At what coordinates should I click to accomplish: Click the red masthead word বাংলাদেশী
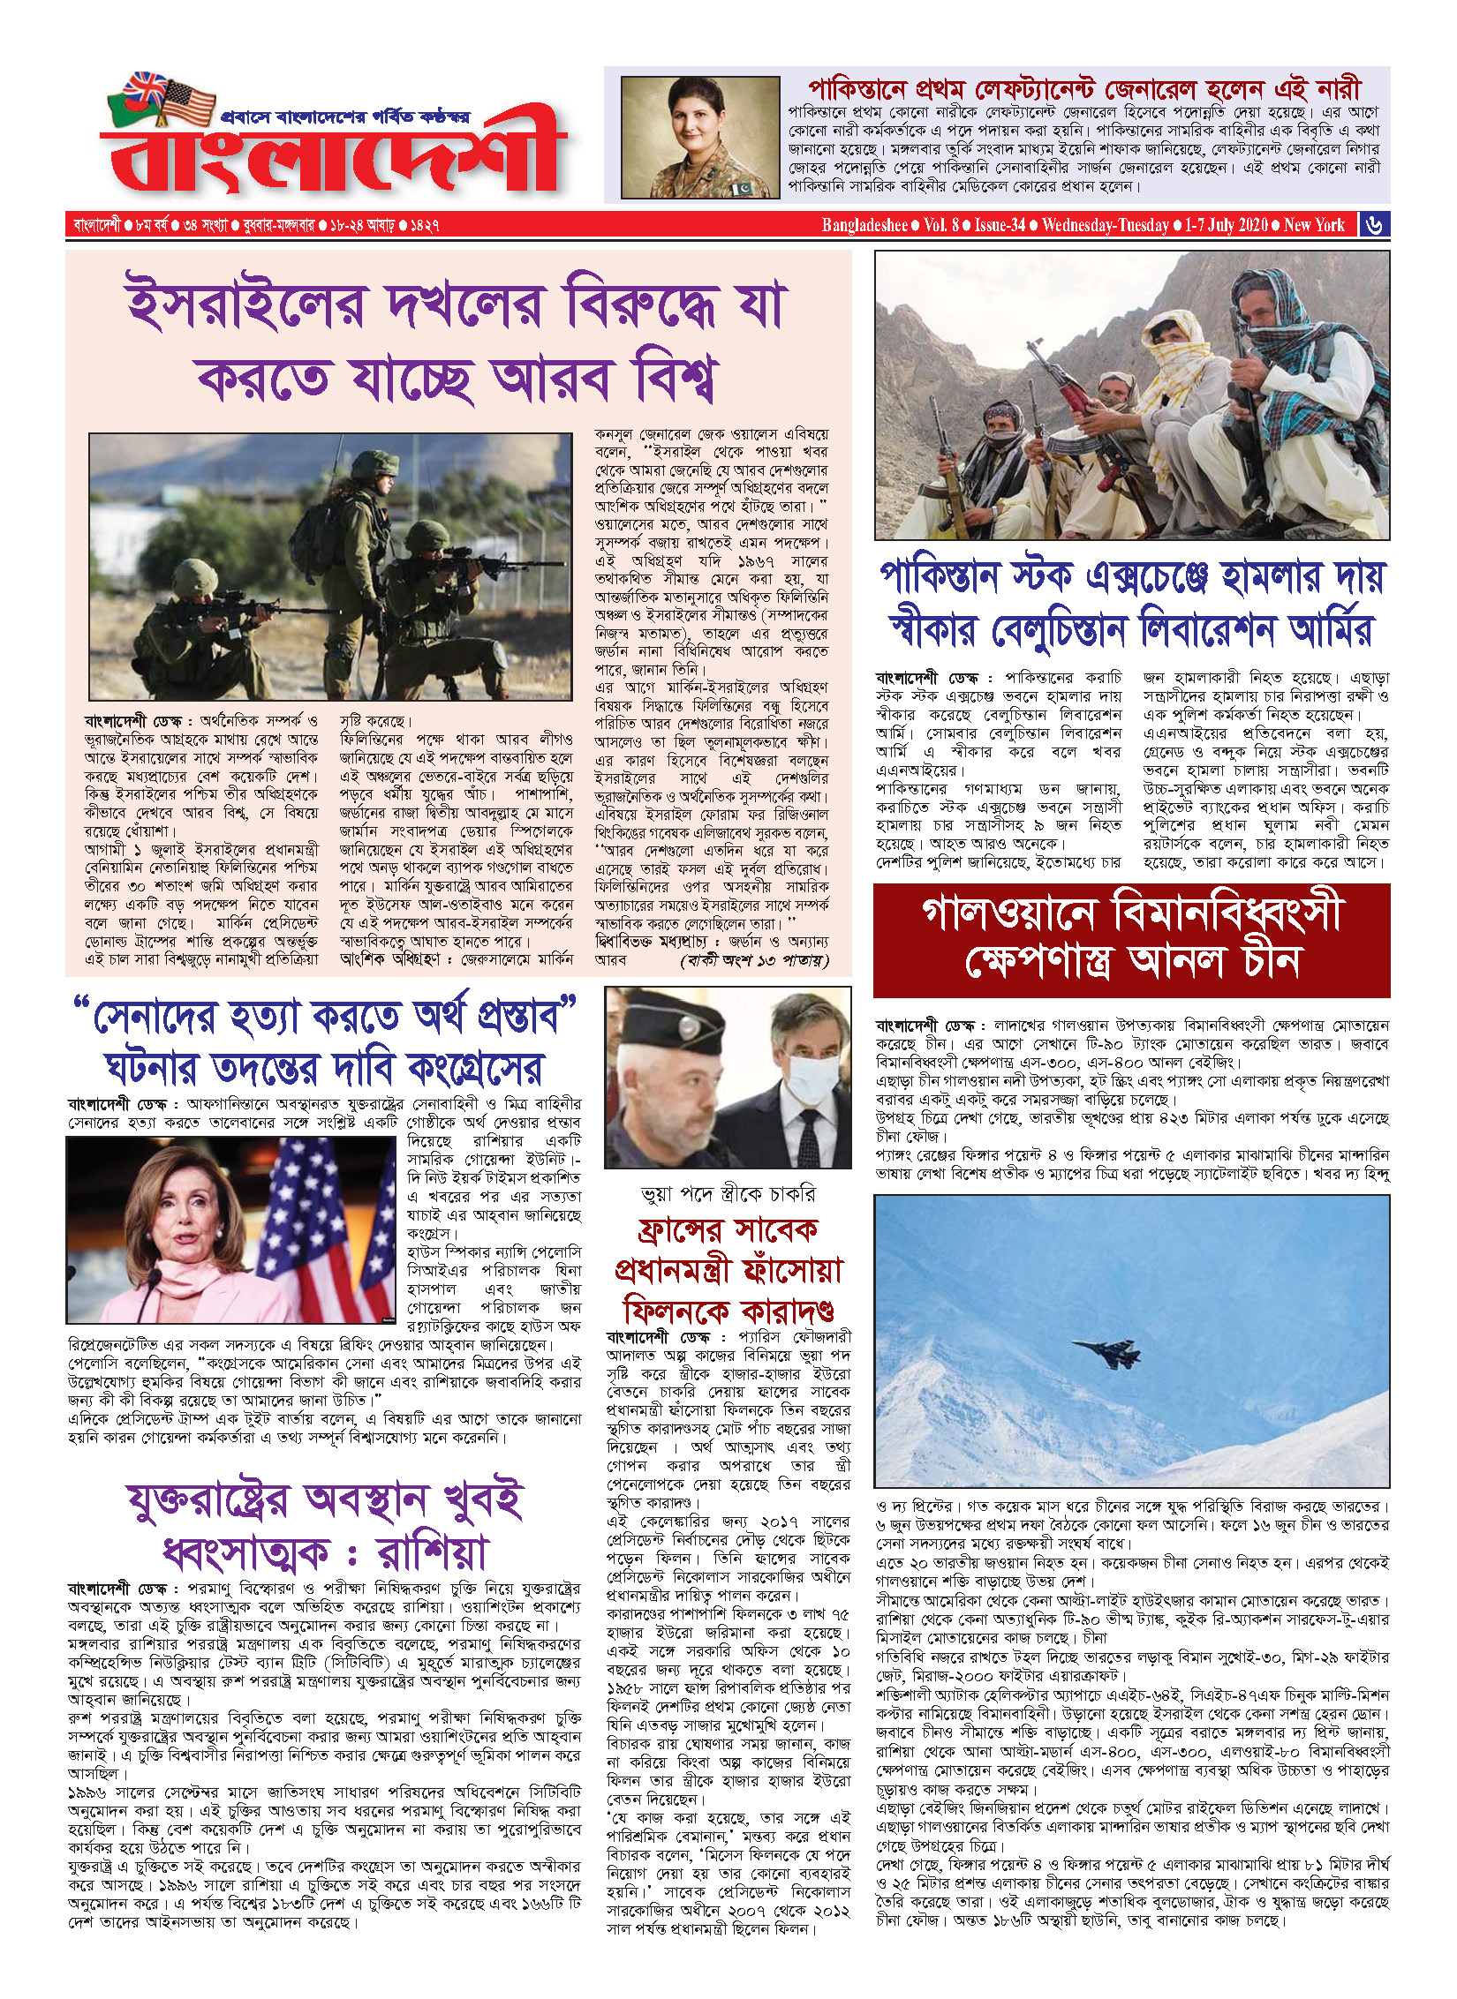point(336,154)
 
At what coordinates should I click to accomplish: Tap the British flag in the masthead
point(146,88)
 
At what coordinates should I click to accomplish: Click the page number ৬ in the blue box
point(1374,225)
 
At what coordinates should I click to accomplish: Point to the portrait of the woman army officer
point(699,137)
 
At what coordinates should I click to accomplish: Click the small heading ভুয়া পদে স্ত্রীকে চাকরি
point(728,1194)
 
